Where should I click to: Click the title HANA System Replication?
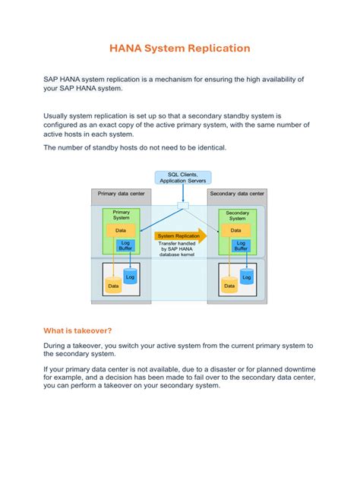point(180,48)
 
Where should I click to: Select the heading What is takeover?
point(77,330)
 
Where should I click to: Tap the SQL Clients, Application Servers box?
point(183,178)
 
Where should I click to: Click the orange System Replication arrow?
point(181,235)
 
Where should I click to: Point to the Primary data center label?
point(122,194)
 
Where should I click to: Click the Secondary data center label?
point(237,194)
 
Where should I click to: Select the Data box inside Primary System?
point(121,231)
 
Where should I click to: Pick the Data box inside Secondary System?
point(235,230)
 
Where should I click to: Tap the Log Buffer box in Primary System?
point(125,245)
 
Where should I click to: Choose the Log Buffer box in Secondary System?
point(241,246)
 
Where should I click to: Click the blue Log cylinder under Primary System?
point(130,276)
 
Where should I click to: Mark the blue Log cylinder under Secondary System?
point(247,276)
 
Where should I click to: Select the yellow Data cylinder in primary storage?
point(113,285)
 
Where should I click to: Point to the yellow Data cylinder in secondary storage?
point(229,285)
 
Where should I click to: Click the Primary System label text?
point(122,215)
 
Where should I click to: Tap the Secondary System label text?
point(238,216)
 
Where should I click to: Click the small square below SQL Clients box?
point(183,205)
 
